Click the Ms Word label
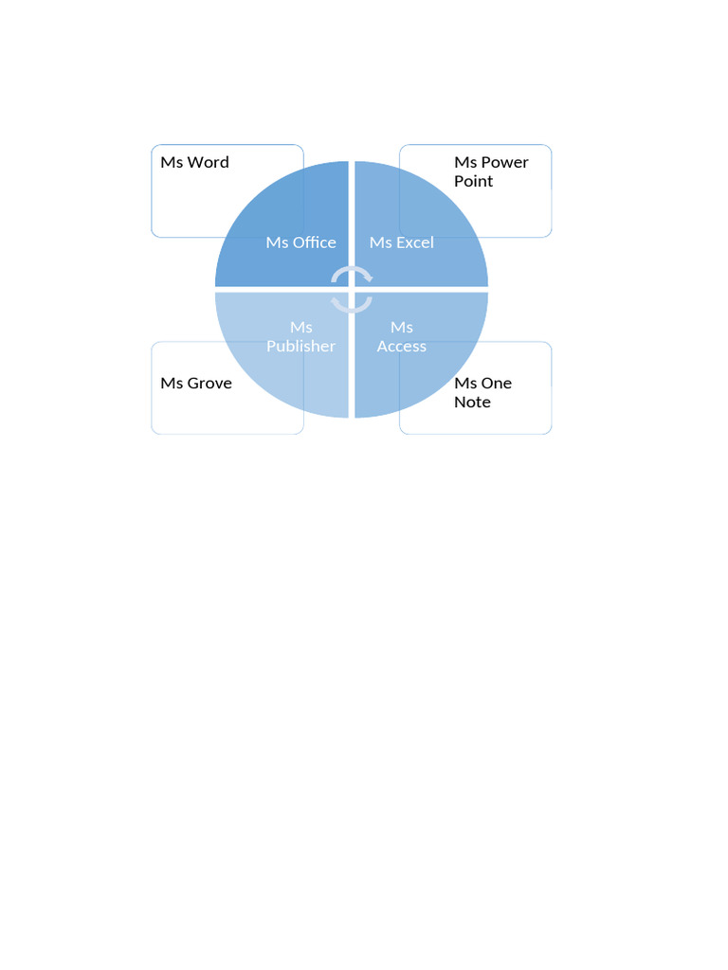[x=194, y=162]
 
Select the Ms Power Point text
[x=491, y=171]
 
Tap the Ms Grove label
[x=196, y=384]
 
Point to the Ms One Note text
[x=482, y=392]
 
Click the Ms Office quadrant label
[x=300, y=242]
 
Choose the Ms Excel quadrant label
[x=402, y=242]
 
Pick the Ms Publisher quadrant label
[x=300, y=337]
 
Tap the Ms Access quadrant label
[x=402, y=337]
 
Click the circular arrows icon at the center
[x=352, y=289]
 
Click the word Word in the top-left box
[x=208, y=162]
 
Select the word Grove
[x=209, y=384]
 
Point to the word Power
[x=504, y=162]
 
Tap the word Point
[x=473, y=181]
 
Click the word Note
[x=472, y=402]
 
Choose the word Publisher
[x=300, y=346]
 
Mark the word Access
[x=402, y=346]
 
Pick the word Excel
[x=415, y=242]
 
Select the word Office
[x=314, y=242]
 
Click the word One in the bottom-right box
[x=497, y=383]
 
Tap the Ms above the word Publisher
[x=300, y=328]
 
